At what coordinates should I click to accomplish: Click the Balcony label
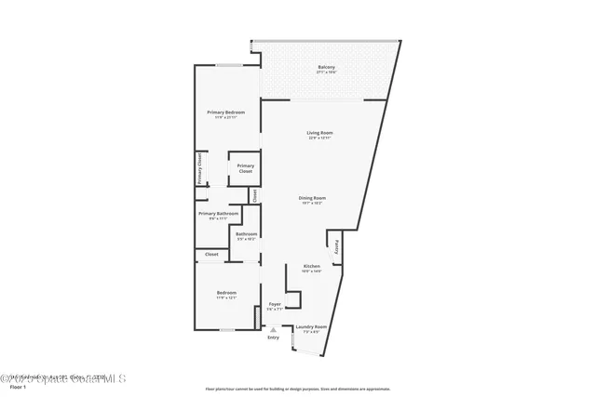coord(326,67)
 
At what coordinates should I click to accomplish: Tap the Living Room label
coord(320,133)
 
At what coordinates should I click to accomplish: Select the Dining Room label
coord(312,197)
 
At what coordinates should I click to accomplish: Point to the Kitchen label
coord(311,266)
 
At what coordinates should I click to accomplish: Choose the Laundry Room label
coord(311,326)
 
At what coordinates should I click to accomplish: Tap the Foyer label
coord(275,304)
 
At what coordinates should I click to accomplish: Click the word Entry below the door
coord(273,337)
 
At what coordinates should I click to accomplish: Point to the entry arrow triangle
coord(273,329)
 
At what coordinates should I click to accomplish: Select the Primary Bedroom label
coord(225,112)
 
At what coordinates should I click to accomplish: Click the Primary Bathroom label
coord(219,213)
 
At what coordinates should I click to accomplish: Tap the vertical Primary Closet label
coord(198,169)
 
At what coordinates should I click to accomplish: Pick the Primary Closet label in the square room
coord(245,168)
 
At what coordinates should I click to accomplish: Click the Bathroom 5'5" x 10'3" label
coord(246,234)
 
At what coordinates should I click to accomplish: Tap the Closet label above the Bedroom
coord(211,254)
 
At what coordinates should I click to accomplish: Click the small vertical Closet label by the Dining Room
coord(254,195)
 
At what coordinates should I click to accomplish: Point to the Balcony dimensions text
coord(326,72)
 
